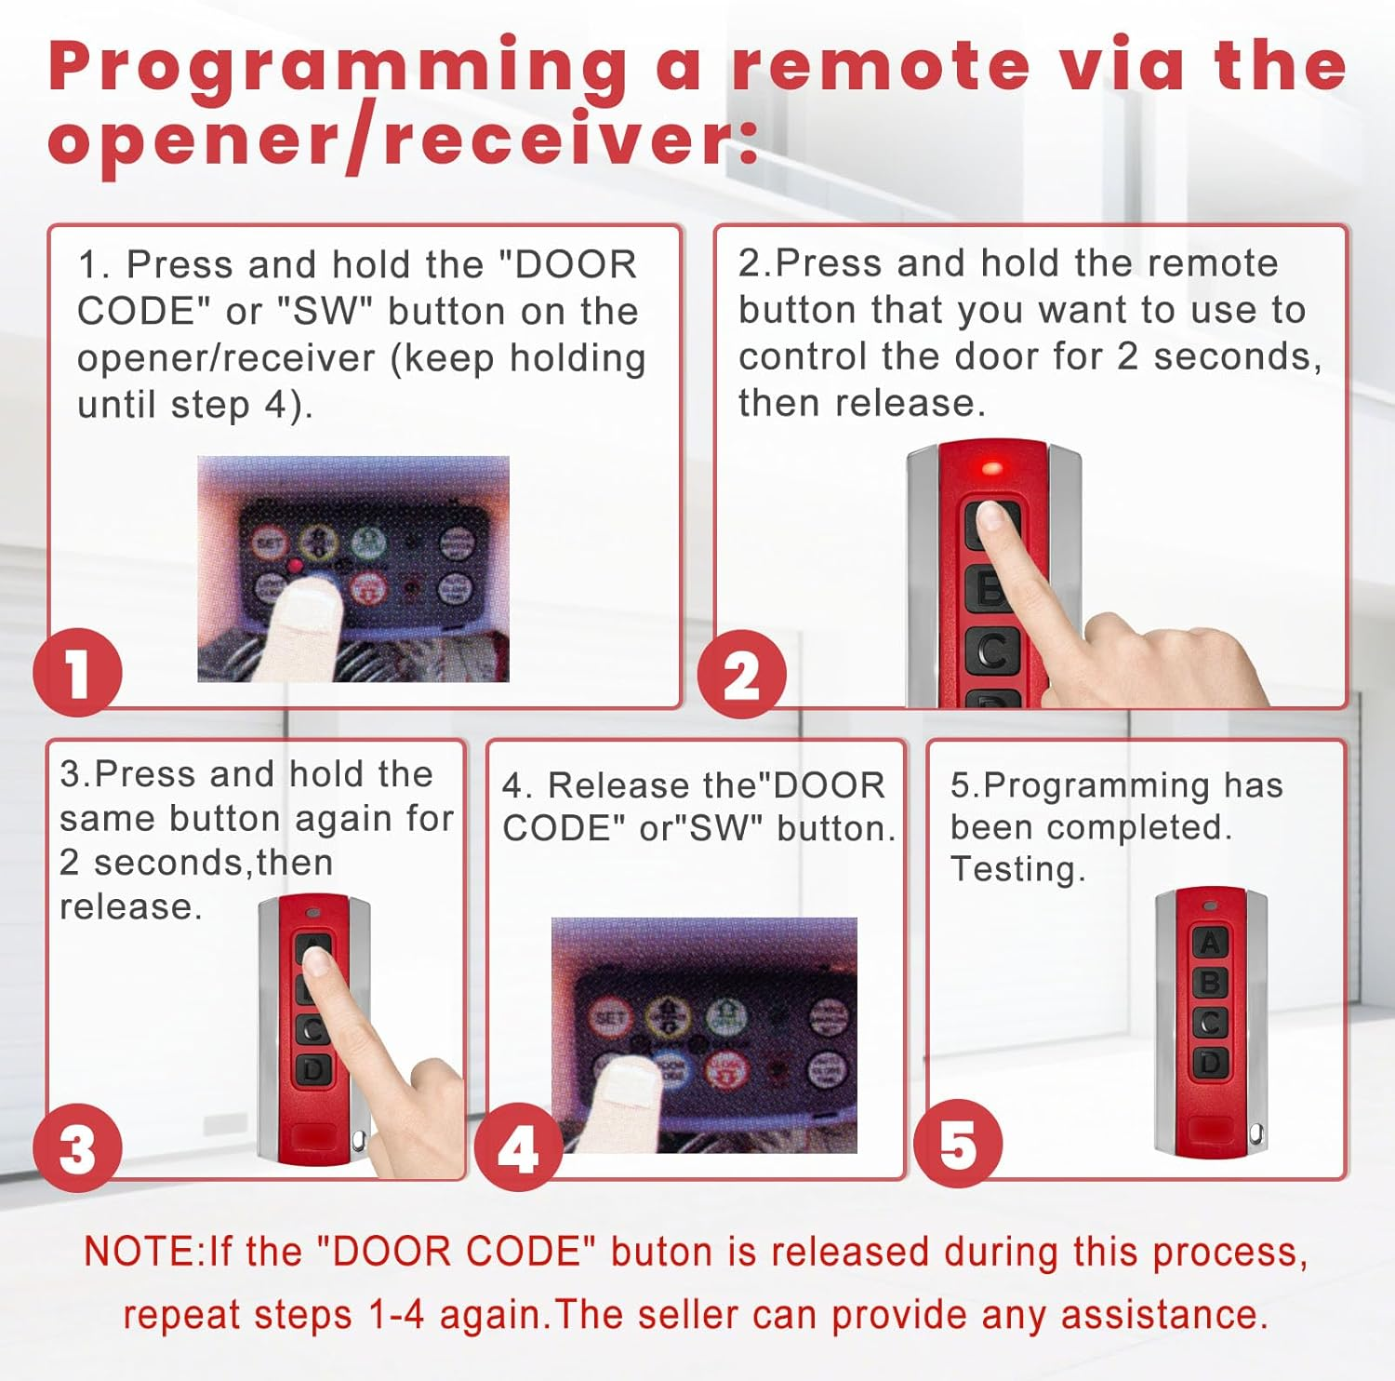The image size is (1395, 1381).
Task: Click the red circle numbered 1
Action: pyautogui.click(x=77, y=673)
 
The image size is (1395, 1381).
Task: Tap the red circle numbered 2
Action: pyautogui.click(x=741, y=675)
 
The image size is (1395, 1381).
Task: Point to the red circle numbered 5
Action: pyautogui.click(x=958, y=1144)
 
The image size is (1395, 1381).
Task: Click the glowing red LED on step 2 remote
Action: pyautogui.click(x=991, y=467)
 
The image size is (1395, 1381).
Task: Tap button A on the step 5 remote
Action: pyautogui.click(x=1209, y=942)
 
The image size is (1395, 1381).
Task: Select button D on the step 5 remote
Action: pyautogui.click(x=1209, y=1062)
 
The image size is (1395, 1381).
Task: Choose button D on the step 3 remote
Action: pyautogui.click(x=313, y=1070)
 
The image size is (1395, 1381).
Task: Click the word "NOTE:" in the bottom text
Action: pyautogui.click(x=144, y=1252)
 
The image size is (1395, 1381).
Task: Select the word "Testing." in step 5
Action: pyautogui.click(x=1017, y=869)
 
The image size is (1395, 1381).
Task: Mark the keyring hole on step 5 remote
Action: pyautogui.click(x=1255, y=1133)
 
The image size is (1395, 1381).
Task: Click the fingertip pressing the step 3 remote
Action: pyautogui.click(x=317, y=960)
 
